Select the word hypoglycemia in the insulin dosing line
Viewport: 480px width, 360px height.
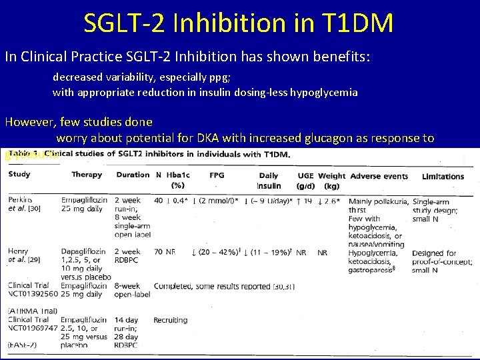point(323,93)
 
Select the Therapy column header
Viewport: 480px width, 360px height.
point(87,175)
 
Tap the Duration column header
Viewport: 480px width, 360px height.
point(133,175)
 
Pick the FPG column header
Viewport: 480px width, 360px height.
point(217,175)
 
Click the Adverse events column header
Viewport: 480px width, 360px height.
point(379,176)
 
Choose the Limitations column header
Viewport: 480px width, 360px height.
point(443,176)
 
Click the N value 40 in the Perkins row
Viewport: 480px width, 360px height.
point(158,201)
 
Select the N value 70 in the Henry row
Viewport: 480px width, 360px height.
point(158,253)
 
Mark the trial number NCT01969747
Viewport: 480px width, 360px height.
point(34,329)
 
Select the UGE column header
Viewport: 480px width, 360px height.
point(306,175)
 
